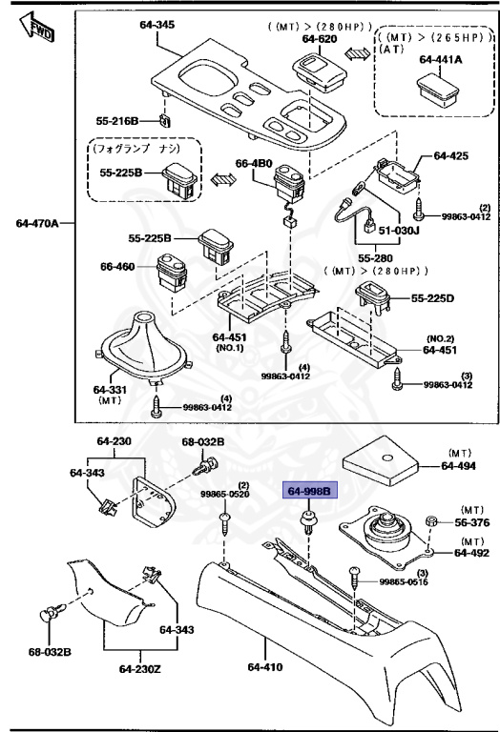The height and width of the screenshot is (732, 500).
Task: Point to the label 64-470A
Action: coord(38,224)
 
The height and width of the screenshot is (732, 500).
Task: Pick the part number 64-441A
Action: coord(438,59)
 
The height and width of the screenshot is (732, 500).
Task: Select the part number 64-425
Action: coord(452,154)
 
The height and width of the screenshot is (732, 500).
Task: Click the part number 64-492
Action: coord(470,552)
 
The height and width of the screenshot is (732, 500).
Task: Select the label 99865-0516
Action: coord(404,581)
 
